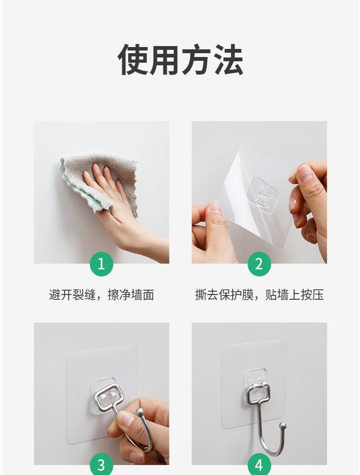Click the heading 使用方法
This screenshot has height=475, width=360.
(180, 60)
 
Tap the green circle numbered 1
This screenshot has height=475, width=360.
(102, 264)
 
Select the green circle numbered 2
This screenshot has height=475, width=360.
(259, 264)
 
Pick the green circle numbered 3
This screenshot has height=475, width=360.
(102, 465)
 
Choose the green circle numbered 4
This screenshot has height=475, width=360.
(259, 465)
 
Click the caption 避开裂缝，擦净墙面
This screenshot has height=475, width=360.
(102, 295)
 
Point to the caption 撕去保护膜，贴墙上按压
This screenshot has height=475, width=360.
(259, 295)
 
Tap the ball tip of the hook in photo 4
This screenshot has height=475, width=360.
(282, 426)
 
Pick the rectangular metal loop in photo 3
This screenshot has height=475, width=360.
(108, 396)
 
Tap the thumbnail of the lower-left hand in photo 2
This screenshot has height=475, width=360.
(216, 208)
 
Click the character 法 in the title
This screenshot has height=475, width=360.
(228, 60)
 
